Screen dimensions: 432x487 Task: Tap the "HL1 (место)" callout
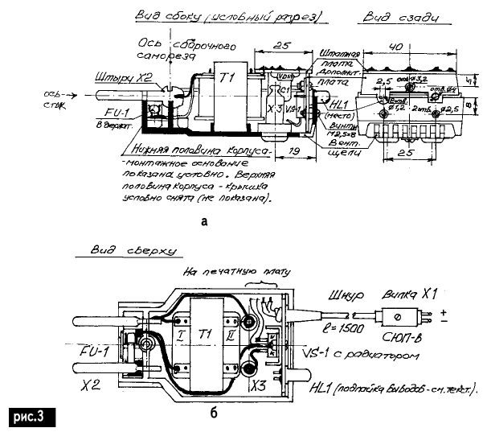[x=342, y=108]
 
